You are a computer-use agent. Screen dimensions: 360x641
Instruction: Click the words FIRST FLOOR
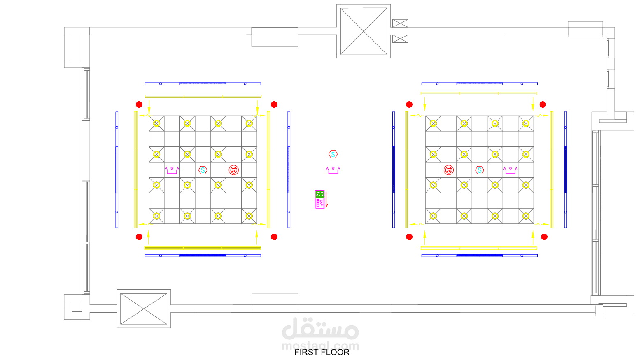322,352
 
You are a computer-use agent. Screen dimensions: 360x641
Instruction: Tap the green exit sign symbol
319,194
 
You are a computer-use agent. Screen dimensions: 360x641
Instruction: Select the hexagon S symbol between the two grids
333,154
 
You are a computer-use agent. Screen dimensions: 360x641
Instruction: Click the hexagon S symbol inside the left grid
203,170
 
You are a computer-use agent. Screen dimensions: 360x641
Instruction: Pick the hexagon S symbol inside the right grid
479,170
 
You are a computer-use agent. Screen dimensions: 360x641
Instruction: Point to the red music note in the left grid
233,170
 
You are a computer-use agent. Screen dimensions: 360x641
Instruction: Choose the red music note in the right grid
449,170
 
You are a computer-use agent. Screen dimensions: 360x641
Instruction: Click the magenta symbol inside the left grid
172,170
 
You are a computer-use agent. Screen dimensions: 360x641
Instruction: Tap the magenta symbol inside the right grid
510,170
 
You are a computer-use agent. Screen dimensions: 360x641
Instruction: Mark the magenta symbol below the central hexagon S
333,170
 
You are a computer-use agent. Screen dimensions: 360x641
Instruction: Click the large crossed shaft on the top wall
364,31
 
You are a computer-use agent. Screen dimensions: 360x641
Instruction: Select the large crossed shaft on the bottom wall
144,309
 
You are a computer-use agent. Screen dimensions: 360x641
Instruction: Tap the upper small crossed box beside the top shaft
400,23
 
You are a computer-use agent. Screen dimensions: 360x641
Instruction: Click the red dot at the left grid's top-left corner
139,105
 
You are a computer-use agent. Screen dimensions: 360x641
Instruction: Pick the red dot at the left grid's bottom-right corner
274,237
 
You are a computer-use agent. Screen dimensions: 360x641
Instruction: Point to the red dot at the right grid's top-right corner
543,105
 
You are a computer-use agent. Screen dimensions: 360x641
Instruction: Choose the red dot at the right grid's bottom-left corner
409,237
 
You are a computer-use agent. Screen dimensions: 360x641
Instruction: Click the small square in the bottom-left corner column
77,307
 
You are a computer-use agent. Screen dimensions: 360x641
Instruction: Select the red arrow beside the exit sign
326,200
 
